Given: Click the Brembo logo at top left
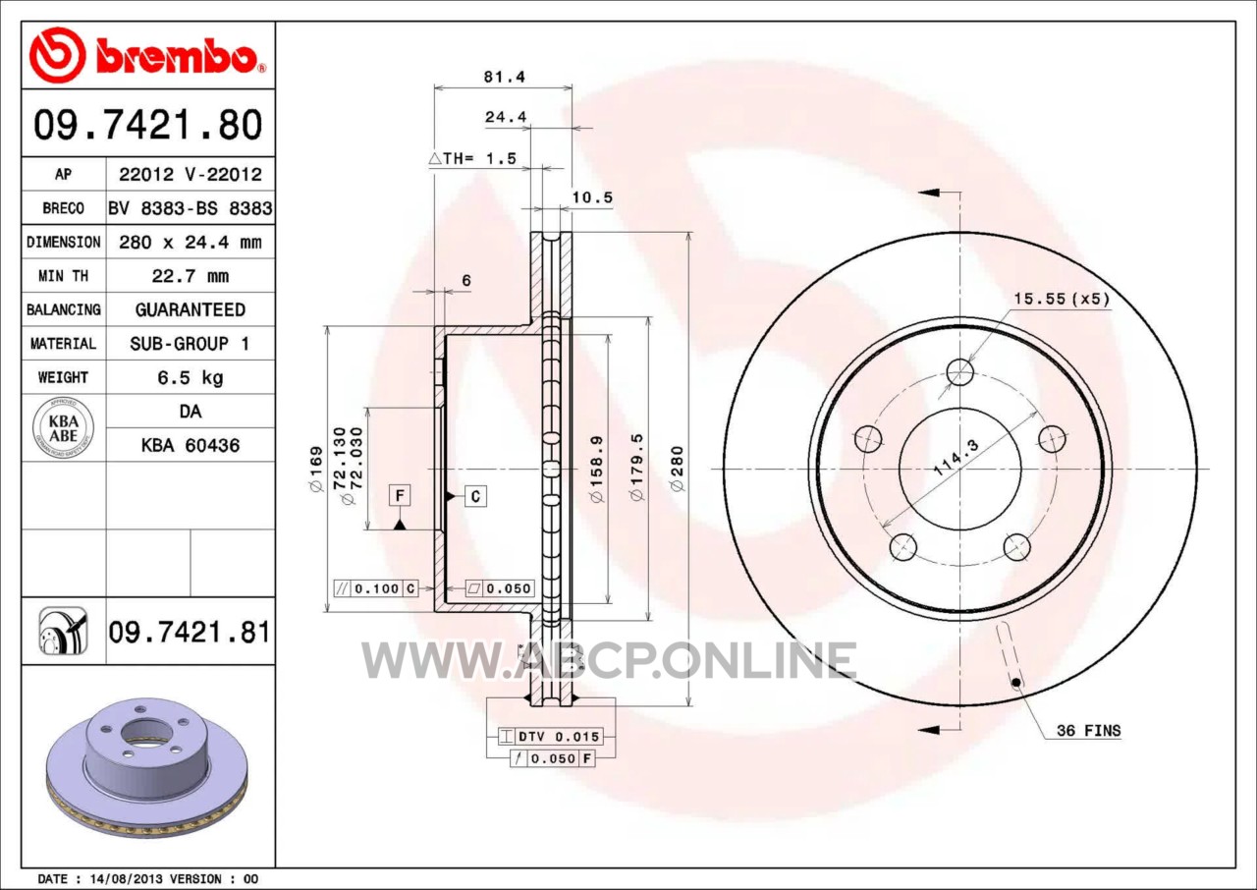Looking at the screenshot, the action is pos(147,55).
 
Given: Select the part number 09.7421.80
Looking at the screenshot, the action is pos(148,125).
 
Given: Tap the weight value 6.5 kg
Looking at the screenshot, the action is pos(191,377).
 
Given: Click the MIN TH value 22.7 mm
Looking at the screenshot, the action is pos(191,276).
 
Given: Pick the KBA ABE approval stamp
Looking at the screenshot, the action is pos(64,427).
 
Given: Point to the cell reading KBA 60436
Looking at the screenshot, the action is pos(191,446).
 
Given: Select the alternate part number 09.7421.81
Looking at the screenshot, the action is pos(190,632).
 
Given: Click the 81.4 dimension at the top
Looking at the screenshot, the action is pos(505,77).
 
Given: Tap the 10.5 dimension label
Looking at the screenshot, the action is pos(592,197).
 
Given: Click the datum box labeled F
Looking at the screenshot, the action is pos(400,495).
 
